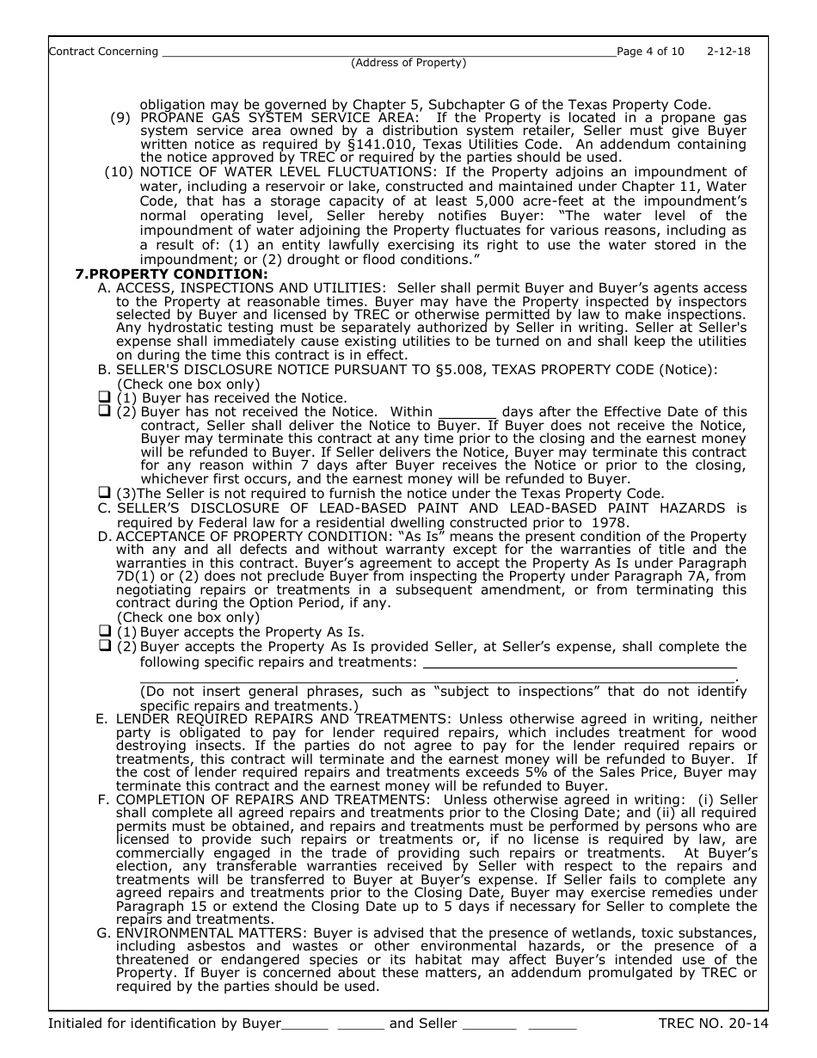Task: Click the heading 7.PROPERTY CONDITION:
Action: click(x=171, y=274)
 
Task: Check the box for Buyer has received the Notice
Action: click(x=104, y=397)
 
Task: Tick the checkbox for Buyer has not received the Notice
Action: click(x=104, y=411)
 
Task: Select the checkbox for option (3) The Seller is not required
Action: click(x=104, y=493)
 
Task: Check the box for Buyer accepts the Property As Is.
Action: click(x=104, y=630)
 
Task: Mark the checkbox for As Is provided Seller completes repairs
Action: click(x=104, y=645)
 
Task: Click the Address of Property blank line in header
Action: click(x=387, y=52)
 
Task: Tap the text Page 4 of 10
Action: click(x=651, y=52)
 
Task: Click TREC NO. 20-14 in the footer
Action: click(x=713, y=1024)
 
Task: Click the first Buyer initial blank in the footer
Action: click(x=304, y=1024)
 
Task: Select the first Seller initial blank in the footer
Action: click(x=488, y=1024)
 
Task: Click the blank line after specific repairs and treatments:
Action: click(x=580, y=662)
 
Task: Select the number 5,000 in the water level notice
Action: click(x=464, y=200)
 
